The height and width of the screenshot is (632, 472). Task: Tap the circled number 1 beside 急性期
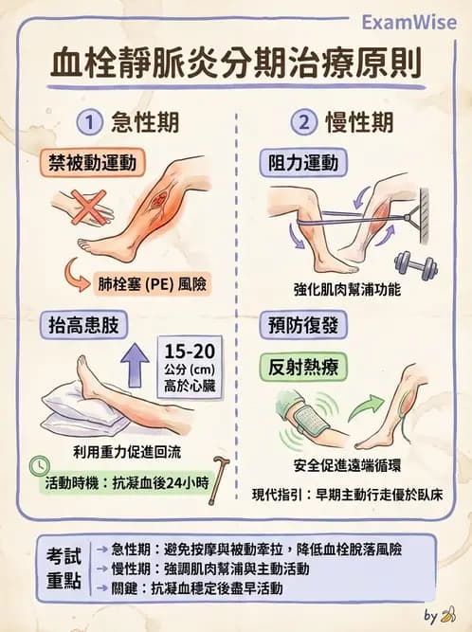click(89, 123)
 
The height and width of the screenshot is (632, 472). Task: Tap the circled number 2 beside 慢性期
click(304, 123)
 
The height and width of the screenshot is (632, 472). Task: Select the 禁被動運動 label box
click(91, 162)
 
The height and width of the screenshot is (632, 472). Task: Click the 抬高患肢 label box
click(84, 325)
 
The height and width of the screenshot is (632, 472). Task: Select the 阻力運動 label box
click(300, 162)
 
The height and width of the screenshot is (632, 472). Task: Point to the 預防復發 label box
click(300, 325)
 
